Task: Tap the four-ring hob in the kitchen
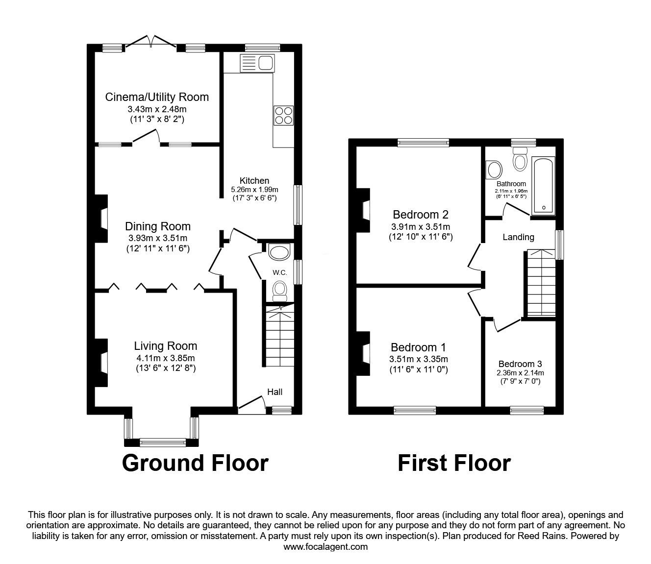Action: click(283, 116)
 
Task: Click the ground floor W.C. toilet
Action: click(279, 289)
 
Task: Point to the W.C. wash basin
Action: click(279, 252)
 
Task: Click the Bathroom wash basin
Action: click(494, 170)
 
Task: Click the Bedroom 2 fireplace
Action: click(364, 210)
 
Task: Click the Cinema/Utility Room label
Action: click(157, 97)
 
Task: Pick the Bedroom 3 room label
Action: click(520, 364)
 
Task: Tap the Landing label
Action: click(518, 237)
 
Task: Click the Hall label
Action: click(275, 392)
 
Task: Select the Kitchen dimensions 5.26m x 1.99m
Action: click(254, 190)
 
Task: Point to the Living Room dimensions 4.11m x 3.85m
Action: click(166, 358)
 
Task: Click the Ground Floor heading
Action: click(195, 463)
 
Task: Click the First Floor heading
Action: click(454, 463)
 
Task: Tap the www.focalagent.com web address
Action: click(325, 547)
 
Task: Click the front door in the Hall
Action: click(251, 403)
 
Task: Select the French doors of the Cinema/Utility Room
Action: click(151, 42)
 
